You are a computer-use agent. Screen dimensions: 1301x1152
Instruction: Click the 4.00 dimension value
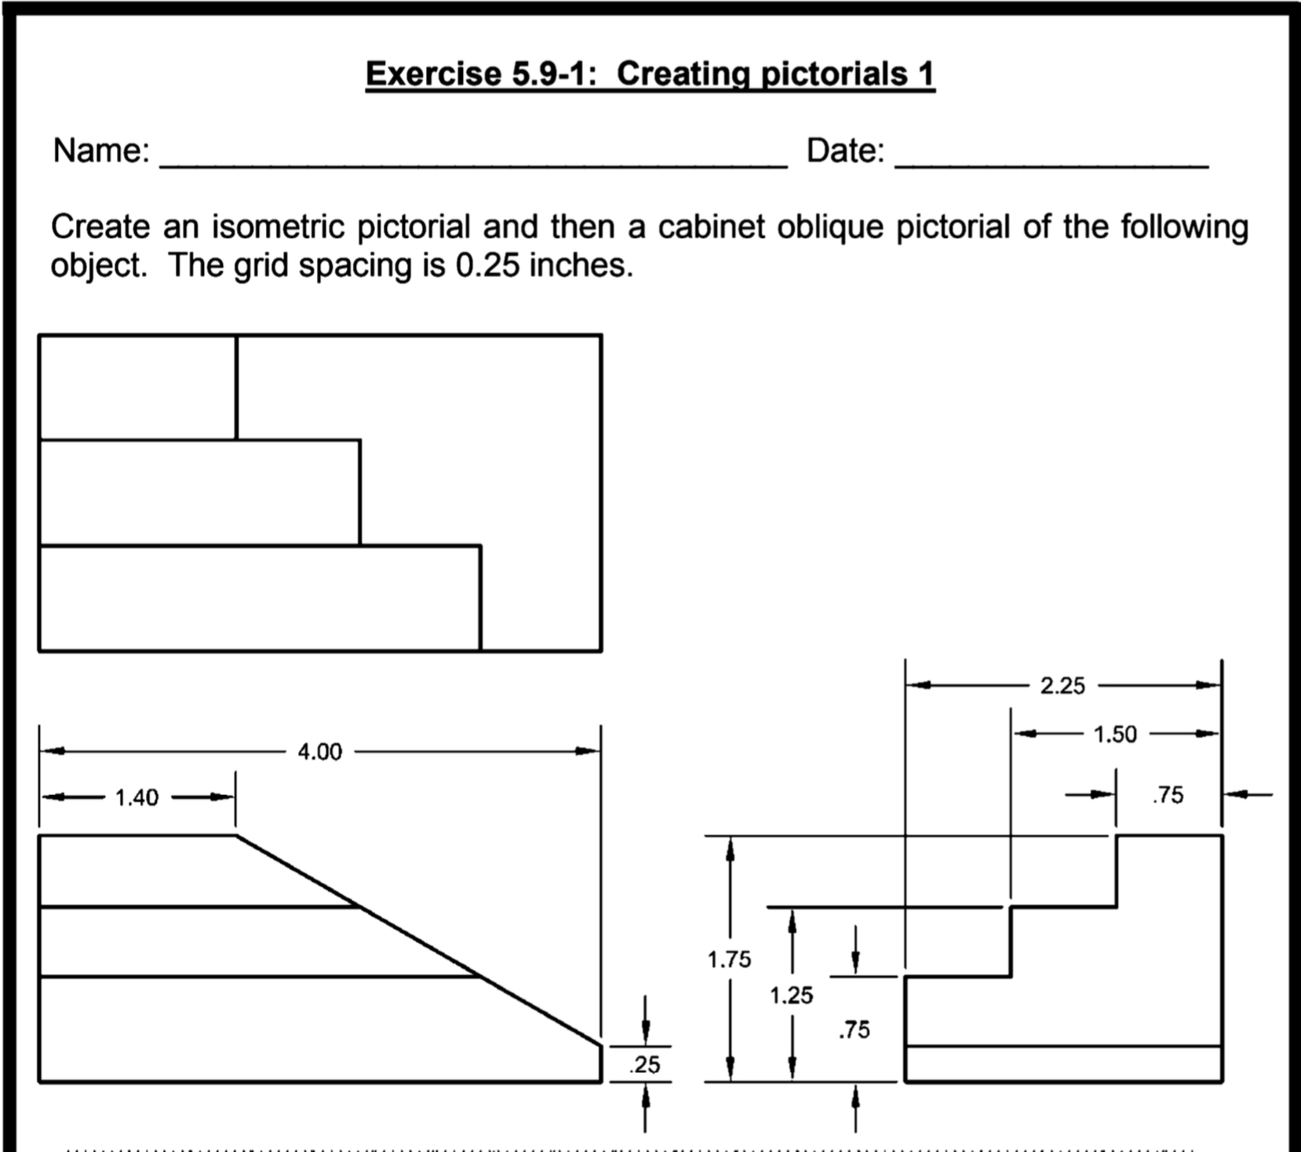319,752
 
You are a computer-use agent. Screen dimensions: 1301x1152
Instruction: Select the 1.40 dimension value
137,798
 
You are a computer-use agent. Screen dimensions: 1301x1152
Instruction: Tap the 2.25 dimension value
1062,686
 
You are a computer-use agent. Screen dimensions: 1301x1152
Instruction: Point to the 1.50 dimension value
1115,735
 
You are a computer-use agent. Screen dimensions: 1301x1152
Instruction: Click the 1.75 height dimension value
729,959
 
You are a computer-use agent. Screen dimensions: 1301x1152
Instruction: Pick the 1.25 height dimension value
791,995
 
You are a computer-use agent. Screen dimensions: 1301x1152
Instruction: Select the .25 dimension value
644,1065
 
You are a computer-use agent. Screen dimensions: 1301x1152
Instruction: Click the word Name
100,151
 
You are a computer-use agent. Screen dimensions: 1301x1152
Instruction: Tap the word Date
845,151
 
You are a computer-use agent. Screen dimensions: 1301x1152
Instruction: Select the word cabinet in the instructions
711,227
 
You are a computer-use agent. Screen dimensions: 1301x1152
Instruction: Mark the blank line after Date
1051,163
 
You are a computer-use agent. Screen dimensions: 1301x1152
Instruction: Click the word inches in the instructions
581,266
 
